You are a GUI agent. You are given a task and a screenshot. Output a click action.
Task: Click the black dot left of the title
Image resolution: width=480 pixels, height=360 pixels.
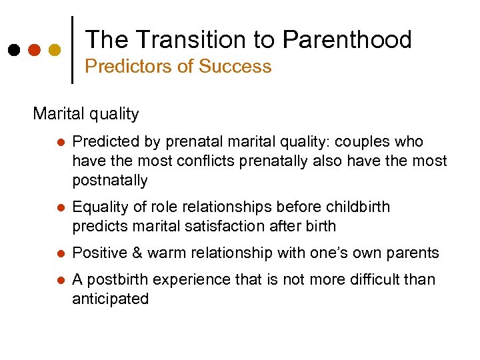pos(14,50)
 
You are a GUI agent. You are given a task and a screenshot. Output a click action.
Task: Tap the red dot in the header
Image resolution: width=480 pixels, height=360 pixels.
pos(35,50)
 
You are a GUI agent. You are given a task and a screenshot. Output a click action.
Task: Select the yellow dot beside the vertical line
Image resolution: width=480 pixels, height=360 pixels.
pos(55,50)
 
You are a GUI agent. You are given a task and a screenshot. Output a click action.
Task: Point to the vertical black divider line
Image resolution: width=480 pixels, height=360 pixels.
pos(72,49)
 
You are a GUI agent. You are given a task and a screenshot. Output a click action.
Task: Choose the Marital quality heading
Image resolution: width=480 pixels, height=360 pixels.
pos(86,114)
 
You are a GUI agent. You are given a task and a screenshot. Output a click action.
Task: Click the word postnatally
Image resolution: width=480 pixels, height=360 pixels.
pos(110,181)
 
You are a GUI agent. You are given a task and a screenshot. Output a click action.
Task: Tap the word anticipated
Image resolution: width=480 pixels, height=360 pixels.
pos(110,299)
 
